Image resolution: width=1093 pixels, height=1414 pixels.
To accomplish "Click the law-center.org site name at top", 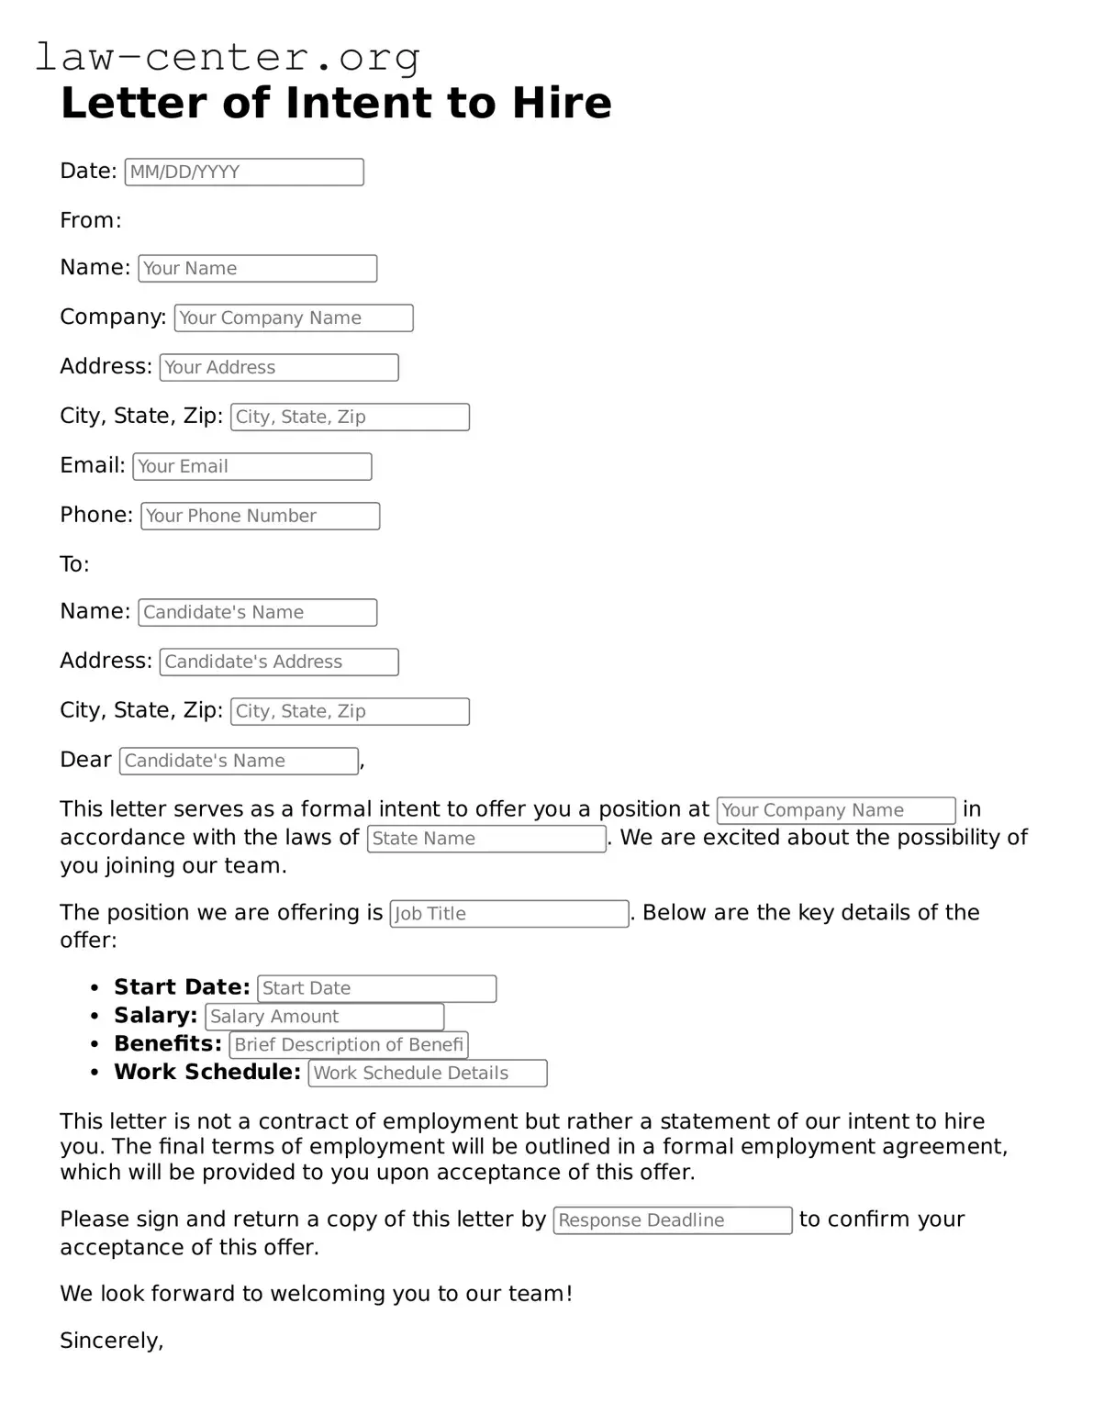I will click(x=228, y=57).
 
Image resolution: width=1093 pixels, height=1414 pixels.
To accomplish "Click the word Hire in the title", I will click(x=561, y=103).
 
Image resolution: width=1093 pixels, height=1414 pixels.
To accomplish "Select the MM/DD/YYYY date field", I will click(x=244, y=173).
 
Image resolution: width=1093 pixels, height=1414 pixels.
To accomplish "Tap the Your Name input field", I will click(x=257, y=269).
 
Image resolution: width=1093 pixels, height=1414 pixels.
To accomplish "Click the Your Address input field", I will click(x=279, y=368).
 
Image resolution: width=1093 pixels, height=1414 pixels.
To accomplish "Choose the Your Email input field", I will click(x=252, y=467).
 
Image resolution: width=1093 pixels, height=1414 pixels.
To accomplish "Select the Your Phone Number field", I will click(x=260, y=517).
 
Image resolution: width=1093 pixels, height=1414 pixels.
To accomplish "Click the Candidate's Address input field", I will click(x=279, y=662).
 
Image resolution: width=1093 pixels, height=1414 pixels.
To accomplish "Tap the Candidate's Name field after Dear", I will click(x=240, y=762).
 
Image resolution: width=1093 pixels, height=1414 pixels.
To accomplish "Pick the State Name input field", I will click(x=486, y=839).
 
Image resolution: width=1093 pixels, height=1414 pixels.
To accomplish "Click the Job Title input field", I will click(x=509, y=914).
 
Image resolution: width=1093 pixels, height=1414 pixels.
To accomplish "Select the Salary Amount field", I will click(x=325, y=1017).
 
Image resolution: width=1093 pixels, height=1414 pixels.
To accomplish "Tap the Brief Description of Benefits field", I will click(x=349, y=1045).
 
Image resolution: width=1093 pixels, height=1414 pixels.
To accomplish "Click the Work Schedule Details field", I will click(x=428, y=1074).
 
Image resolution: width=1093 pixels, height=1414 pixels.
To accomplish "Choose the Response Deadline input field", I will click(x=673, y=1220).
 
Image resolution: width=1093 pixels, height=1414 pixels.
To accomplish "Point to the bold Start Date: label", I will click(x=182, y=987).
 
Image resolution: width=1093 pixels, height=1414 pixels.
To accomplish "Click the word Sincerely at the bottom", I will click(x=111, y=1341).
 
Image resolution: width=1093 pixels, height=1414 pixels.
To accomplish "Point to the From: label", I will click(x=91, y=220).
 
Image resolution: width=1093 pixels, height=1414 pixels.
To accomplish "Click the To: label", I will click(x=74, y=564).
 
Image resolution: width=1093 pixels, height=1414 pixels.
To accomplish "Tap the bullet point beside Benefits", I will click(x=95, y=1045).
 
